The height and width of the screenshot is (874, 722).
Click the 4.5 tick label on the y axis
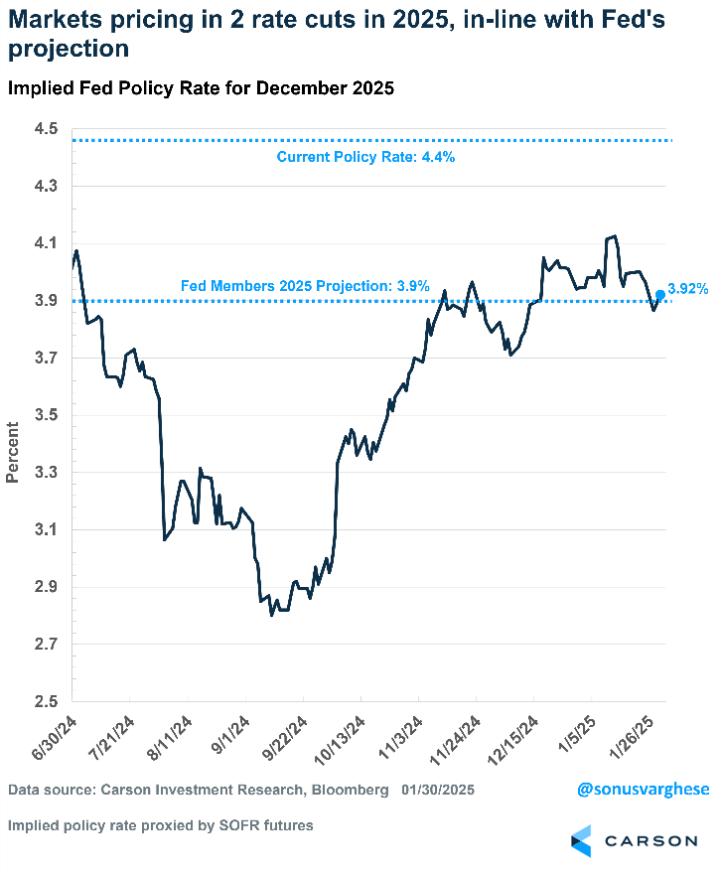pyautogui.click(x=46, y=129)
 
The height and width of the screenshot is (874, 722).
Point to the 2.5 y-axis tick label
pyautogui.click(x=46, y=701)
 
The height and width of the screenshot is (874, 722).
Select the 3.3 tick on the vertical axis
pyautogui.click(x=46, y=473)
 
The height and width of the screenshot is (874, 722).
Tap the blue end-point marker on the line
pyautogui.click(x=660, y=294)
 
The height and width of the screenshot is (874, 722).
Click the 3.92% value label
pyautogui.click(x=688, y=289)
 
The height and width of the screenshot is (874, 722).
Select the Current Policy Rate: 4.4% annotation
pyautogui.click(x=365, y=157)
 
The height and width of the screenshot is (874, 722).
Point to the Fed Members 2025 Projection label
pyautogui.click(x=305, y=286)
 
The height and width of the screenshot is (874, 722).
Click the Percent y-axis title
pyautogui.click(x=13, y=452)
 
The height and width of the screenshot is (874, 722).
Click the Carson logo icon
pyautogui.click(x=581, y=840)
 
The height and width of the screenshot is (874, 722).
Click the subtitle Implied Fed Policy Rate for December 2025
pyautogui.click(x=202, y=88)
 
